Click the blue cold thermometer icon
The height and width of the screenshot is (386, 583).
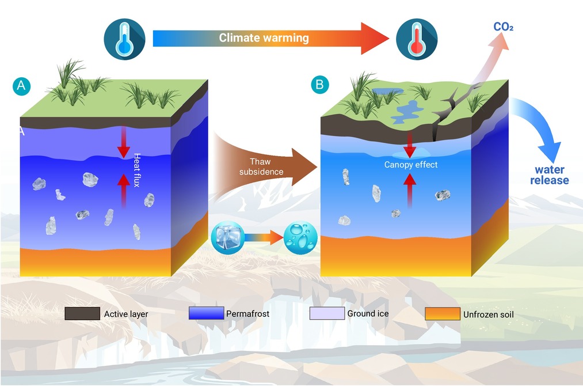coord(124,39)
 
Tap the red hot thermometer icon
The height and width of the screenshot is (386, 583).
coord(417,39)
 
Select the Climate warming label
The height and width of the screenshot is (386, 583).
coord(264,37)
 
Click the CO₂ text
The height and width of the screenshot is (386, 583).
coord(504,27)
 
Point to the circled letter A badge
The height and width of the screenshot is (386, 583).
coord(21,86)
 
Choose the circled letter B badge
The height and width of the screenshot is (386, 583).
coord(320,85)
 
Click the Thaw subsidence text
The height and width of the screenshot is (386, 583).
coord(261,166)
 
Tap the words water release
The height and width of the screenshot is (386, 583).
coord(549,175)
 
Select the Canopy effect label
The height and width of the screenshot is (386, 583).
coord(411,165)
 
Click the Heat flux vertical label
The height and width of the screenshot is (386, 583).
coord(137,170)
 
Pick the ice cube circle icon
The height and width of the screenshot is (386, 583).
coord(227,238)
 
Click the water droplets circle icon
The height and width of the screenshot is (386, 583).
coord(300,238)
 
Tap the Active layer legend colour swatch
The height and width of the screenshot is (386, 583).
coord(82,313)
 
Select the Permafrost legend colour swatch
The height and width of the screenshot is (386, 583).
coord(207,313)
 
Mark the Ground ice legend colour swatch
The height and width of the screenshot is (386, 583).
coord(327,313)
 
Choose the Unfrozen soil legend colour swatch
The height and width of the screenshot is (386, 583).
coord(443,314)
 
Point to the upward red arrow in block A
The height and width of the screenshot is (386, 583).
coord(124,191)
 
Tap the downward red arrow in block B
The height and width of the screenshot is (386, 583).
coord(409,145)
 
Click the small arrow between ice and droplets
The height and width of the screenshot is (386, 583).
coord(264,238)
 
